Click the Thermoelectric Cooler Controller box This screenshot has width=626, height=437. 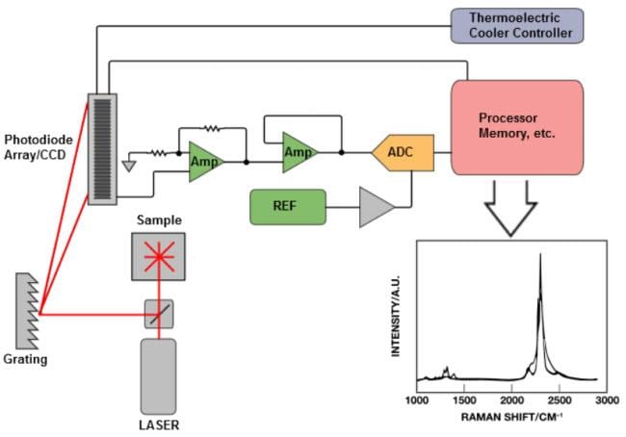pyautogui.click(x=517, y=26)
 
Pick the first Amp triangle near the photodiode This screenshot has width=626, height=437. pyautogui.click(x=204, y=159)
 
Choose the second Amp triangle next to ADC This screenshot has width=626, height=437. pyautogui.click(x=299, y=152)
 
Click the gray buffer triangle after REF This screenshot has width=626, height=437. pyautogui.click(x=376, y=206)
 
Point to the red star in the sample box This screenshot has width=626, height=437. pyautogui.click(x=157, y=255)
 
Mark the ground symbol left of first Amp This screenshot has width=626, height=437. pyautogui.click(x=128, y=165)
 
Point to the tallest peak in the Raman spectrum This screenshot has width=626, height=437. pyautogui.click(x=540, y=255)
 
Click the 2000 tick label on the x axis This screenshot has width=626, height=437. pyautogui.click(x=510, y=398)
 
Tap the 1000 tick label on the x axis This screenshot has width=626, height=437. pyautogui.click(x=417, y=398)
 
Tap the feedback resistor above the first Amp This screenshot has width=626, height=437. pyautogui.click(x=212, y=126)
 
